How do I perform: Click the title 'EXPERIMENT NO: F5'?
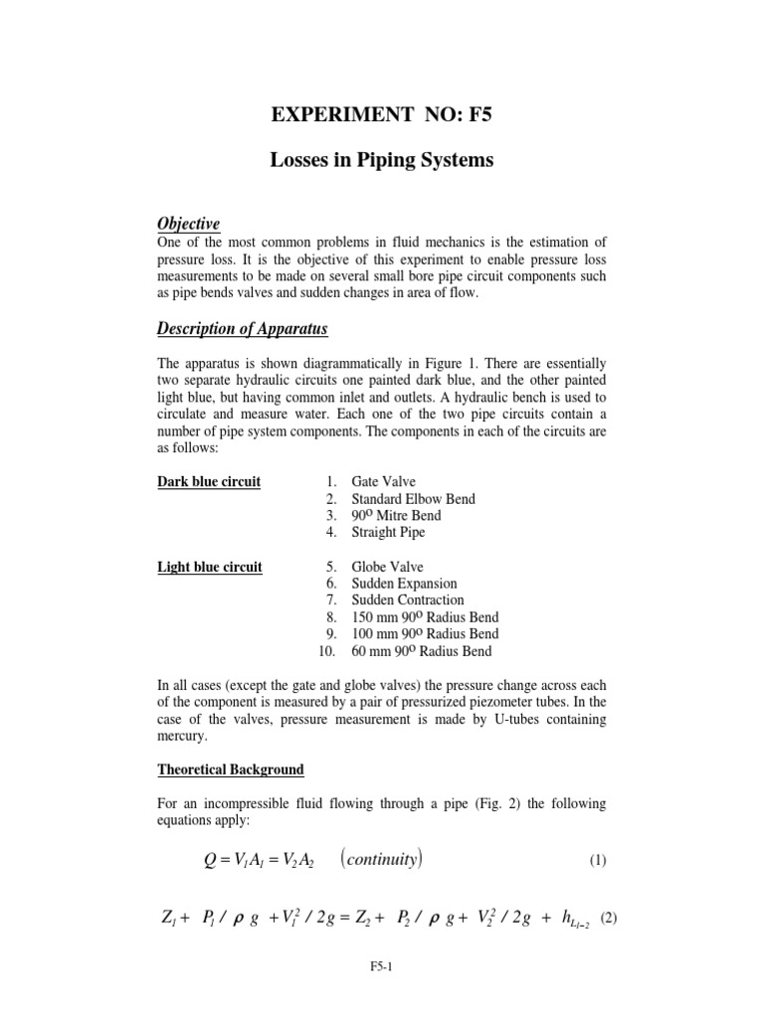(382, 115)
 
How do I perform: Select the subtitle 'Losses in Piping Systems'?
(382, 160)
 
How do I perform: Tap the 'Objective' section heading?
(189, 224)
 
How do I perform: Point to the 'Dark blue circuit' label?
(209, 482)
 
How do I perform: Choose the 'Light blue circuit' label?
(210, 568)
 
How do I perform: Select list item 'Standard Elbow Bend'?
(413, 499)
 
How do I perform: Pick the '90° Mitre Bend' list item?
(396, 516)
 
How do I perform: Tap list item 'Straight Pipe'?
(388, 533)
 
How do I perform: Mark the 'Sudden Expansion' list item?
(404, 585)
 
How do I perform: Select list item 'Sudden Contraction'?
(407, 600)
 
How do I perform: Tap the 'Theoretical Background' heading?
(231, 770)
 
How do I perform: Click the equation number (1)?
(596, 861)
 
